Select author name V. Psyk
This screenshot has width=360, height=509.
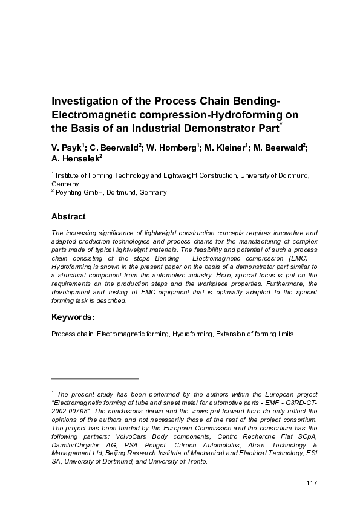66,148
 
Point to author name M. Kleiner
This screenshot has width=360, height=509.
226,148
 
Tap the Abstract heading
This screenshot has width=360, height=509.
68,216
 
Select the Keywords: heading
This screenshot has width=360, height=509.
73,316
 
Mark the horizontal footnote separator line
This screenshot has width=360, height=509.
96,378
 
